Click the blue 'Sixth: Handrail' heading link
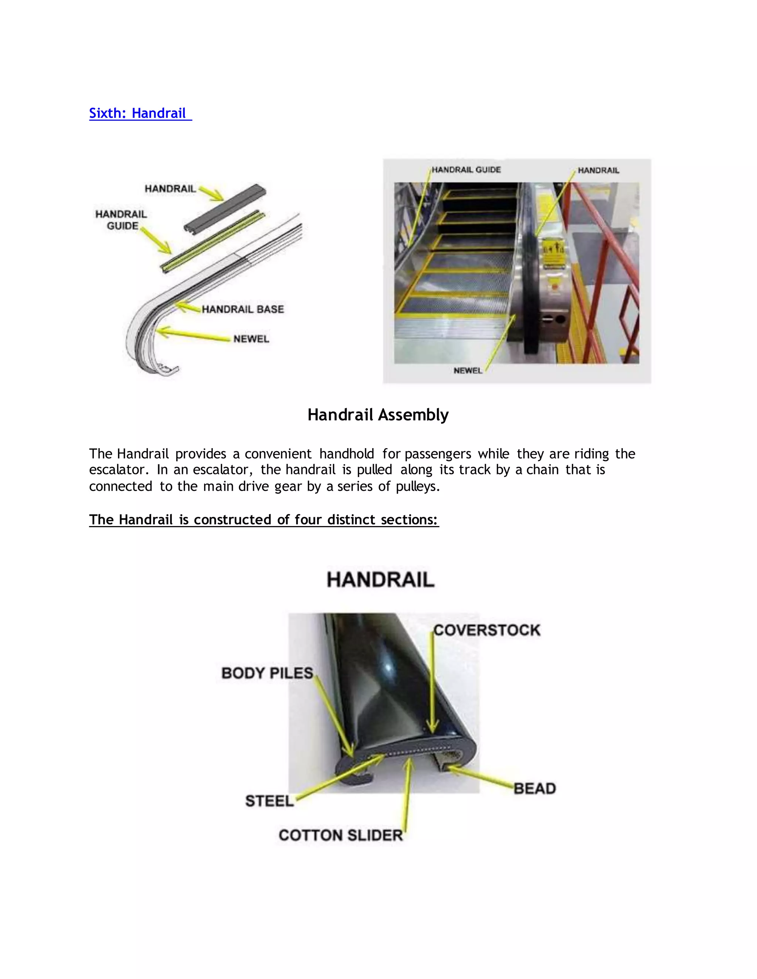[140, 113]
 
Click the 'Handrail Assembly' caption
[378, 415]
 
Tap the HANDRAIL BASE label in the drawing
[242, 309]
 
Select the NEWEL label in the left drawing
[251, 339]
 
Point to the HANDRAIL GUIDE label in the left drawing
[121, 220]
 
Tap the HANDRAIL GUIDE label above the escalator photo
[466, 170]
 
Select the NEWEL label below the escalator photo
[467, 371]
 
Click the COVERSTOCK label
[486, 630]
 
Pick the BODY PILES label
[267, 673]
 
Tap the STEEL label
[269, 801]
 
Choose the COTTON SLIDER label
[340, 836]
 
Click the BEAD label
[534, 788]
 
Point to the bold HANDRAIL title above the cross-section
[380, 580]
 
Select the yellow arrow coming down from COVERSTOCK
[432, 686]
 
